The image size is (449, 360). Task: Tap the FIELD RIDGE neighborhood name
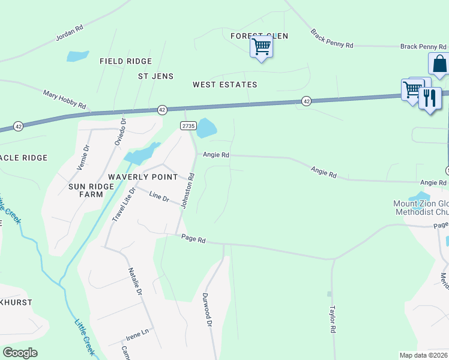click(125, 61)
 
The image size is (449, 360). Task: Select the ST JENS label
click(155, 76)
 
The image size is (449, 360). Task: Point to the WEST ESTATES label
click(224, 85)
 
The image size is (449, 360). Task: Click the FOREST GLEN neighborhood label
click(259, 36)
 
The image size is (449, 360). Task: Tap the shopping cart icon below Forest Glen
click(261, 47)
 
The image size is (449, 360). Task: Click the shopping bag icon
click(439, 64)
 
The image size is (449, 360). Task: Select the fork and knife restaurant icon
click(430, 98)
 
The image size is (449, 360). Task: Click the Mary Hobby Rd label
click(64, 100)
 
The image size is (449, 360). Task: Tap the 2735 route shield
click(188, 125)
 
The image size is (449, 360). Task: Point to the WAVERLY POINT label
click(143, 177)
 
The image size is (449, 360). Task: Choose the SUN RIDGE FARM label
click(91, 190)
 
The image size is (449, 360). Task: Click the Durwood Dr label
click(208, 313)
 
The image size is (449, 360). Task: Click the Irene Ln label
click(137, 331)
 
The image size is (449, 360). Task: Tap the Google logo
click(20, 353)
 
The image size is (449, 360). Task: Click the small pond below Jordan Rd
click(77, 56)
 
